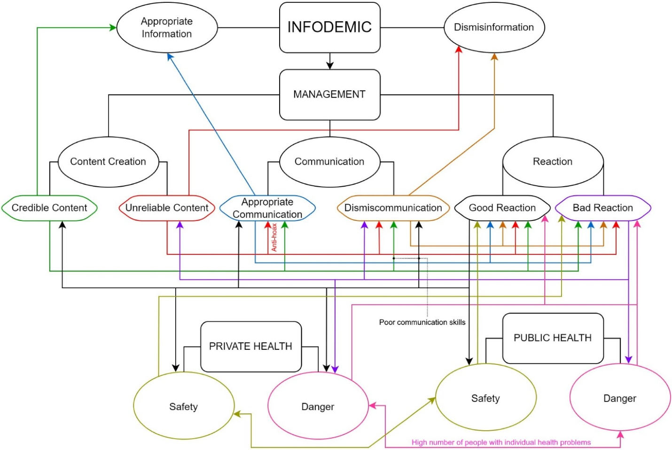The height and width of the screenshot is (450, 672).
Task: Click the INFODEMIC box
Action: click(x=329, y=27)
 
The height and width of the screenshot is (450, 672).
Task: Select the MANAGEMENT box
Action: click(x=329, y=95)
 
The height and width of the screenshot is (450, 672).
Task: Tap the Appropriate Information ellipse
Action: click(x=167, y=28)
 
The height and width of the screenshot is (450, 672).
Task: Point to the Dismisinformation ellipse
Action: click(x=494, y=27)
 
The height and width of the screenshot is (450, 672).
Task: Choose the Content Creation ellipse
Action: click(x=108, y=162)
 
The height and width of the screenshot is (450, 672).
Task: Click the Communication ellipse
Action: click(x=329, y=162)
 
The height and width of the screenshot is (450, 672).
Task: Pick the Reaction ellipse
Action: click(x=553, y=162)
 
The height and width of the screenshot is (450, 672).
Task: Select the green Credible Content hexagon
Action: click(x=49, y=208)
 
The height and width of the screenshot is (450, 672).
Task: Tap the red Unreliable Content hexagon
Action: click(x=167, y=208)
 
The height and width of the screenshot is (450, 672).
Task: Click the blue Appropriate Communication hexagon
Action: click(x=267, y=208)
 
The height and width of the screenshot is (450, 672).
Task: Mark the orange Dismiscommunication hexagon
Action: click(x=393, y=208)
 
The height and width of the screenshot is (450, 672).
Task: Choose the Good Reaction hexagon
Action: click(x=502, y=208)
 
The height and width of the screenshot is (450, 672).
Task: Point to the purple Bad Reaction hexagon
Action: click(x=603, y=208)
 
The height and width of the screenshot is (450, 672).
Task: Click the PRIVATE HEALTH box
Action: click(x=250, y=347)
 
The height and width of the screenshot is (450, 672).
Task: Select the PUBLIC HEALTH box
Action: click(x=553, y=338)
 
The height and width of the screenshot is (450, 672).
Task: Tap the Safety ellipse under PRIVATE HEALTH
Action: click(x=184, y=407)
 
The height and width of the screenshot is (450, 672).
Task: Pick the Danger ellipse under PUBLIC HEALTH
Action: click(x=620, y=398)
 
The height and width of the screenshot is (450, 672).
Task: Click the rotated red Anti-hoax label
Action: click(x=274, y=237)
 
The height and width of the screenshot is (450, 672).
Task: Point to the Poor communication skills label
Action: click(x=422, y=322)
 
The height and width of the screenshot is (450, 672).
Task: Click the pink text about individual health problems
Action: click(x=501, y=442)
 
